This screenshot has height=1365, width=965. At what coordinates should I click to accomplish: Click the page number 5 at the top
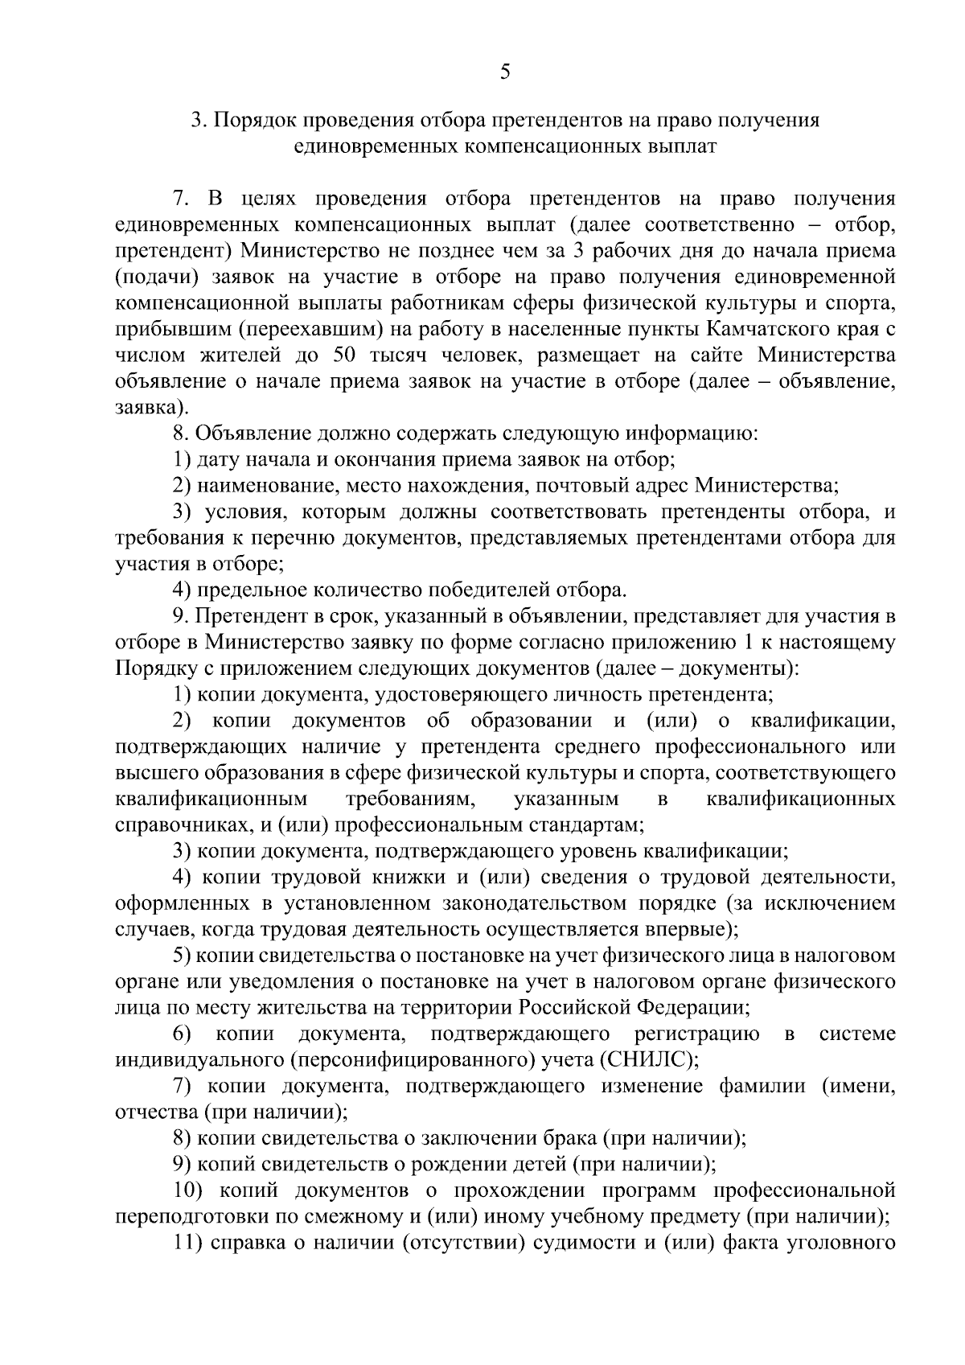click(505, 72)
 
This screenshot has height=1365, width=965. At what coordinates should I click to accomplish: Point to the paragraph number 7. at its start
click(181, 199)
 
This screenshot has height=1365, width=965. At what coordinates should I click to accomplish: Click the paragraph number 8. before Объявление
click(180, 434)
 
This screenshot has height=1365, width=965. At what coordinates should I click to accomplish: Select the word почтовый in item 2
click(577, 486)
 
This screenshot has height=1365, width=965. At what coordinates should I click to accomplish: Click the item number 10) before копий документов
click(189, 1190)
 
